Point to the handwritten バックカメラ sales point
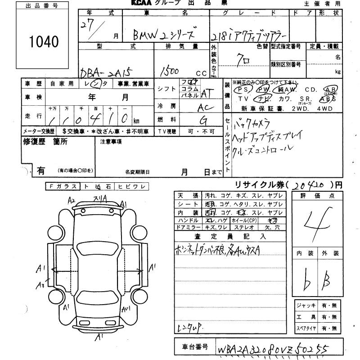tap(255, 122)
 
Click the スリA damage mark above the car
tap(99, 198)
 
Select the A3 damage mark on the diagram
tap(41, 284)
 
